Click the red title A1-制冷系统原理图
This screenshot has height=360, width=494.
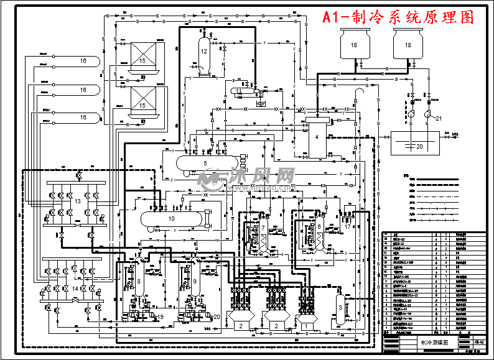click(x=398, y=17)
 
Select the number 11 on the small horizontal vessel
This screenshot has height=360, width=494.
click(x=239, y=91)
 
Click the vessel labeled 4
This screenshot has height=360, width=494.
click(x=317, y=136)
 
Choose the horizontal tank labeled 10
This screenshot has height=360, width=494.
click(x=172, y=218)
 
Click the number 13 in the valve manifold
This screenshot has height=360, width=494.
click(x=78, y=201)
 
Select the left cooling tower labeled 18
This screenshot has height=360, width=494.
click(x=353, y=47)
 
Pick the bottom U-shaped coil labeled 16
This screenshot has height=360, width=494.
click(x=83, y=117)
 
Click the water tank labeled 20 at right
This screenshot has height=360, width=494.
click(x=418, y=145)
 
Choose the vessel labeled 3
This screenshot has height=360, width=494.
click(x=340, y=306)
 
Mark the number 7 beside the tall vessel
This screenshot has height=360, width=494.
click(x=263, y=228)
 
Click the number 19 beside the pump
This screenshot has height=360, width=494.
click(x=161, y=317)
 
